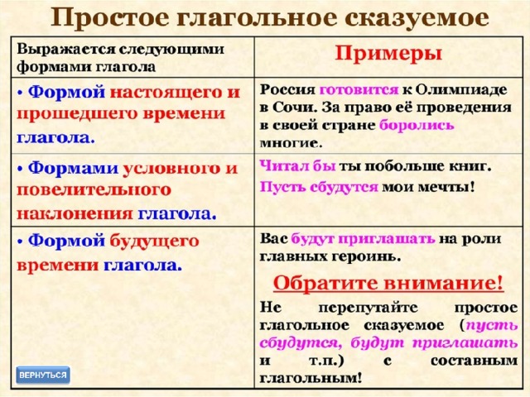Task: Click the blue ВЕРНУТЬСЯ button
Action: click(43, 375)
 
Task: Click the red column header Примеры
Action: click(388, 54)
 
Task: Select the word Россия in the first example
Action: click(287, 90)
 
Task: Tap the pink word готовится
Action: click(359, 90)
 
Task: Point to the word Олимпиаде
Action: click(461, 90)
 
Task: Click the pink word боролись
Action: click(417, 125)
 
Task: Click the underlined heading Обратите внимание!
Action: click(388, 283)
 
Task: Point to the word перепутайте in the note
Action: click(368, 308)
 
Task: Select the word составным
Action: click(474, 361)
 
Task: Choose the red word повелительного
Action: click(94, 190)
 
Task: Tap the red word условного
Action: click(171, 168)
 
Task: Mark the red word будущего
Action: click(155, 242)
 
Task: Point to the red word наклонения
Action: click(75, 214)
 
